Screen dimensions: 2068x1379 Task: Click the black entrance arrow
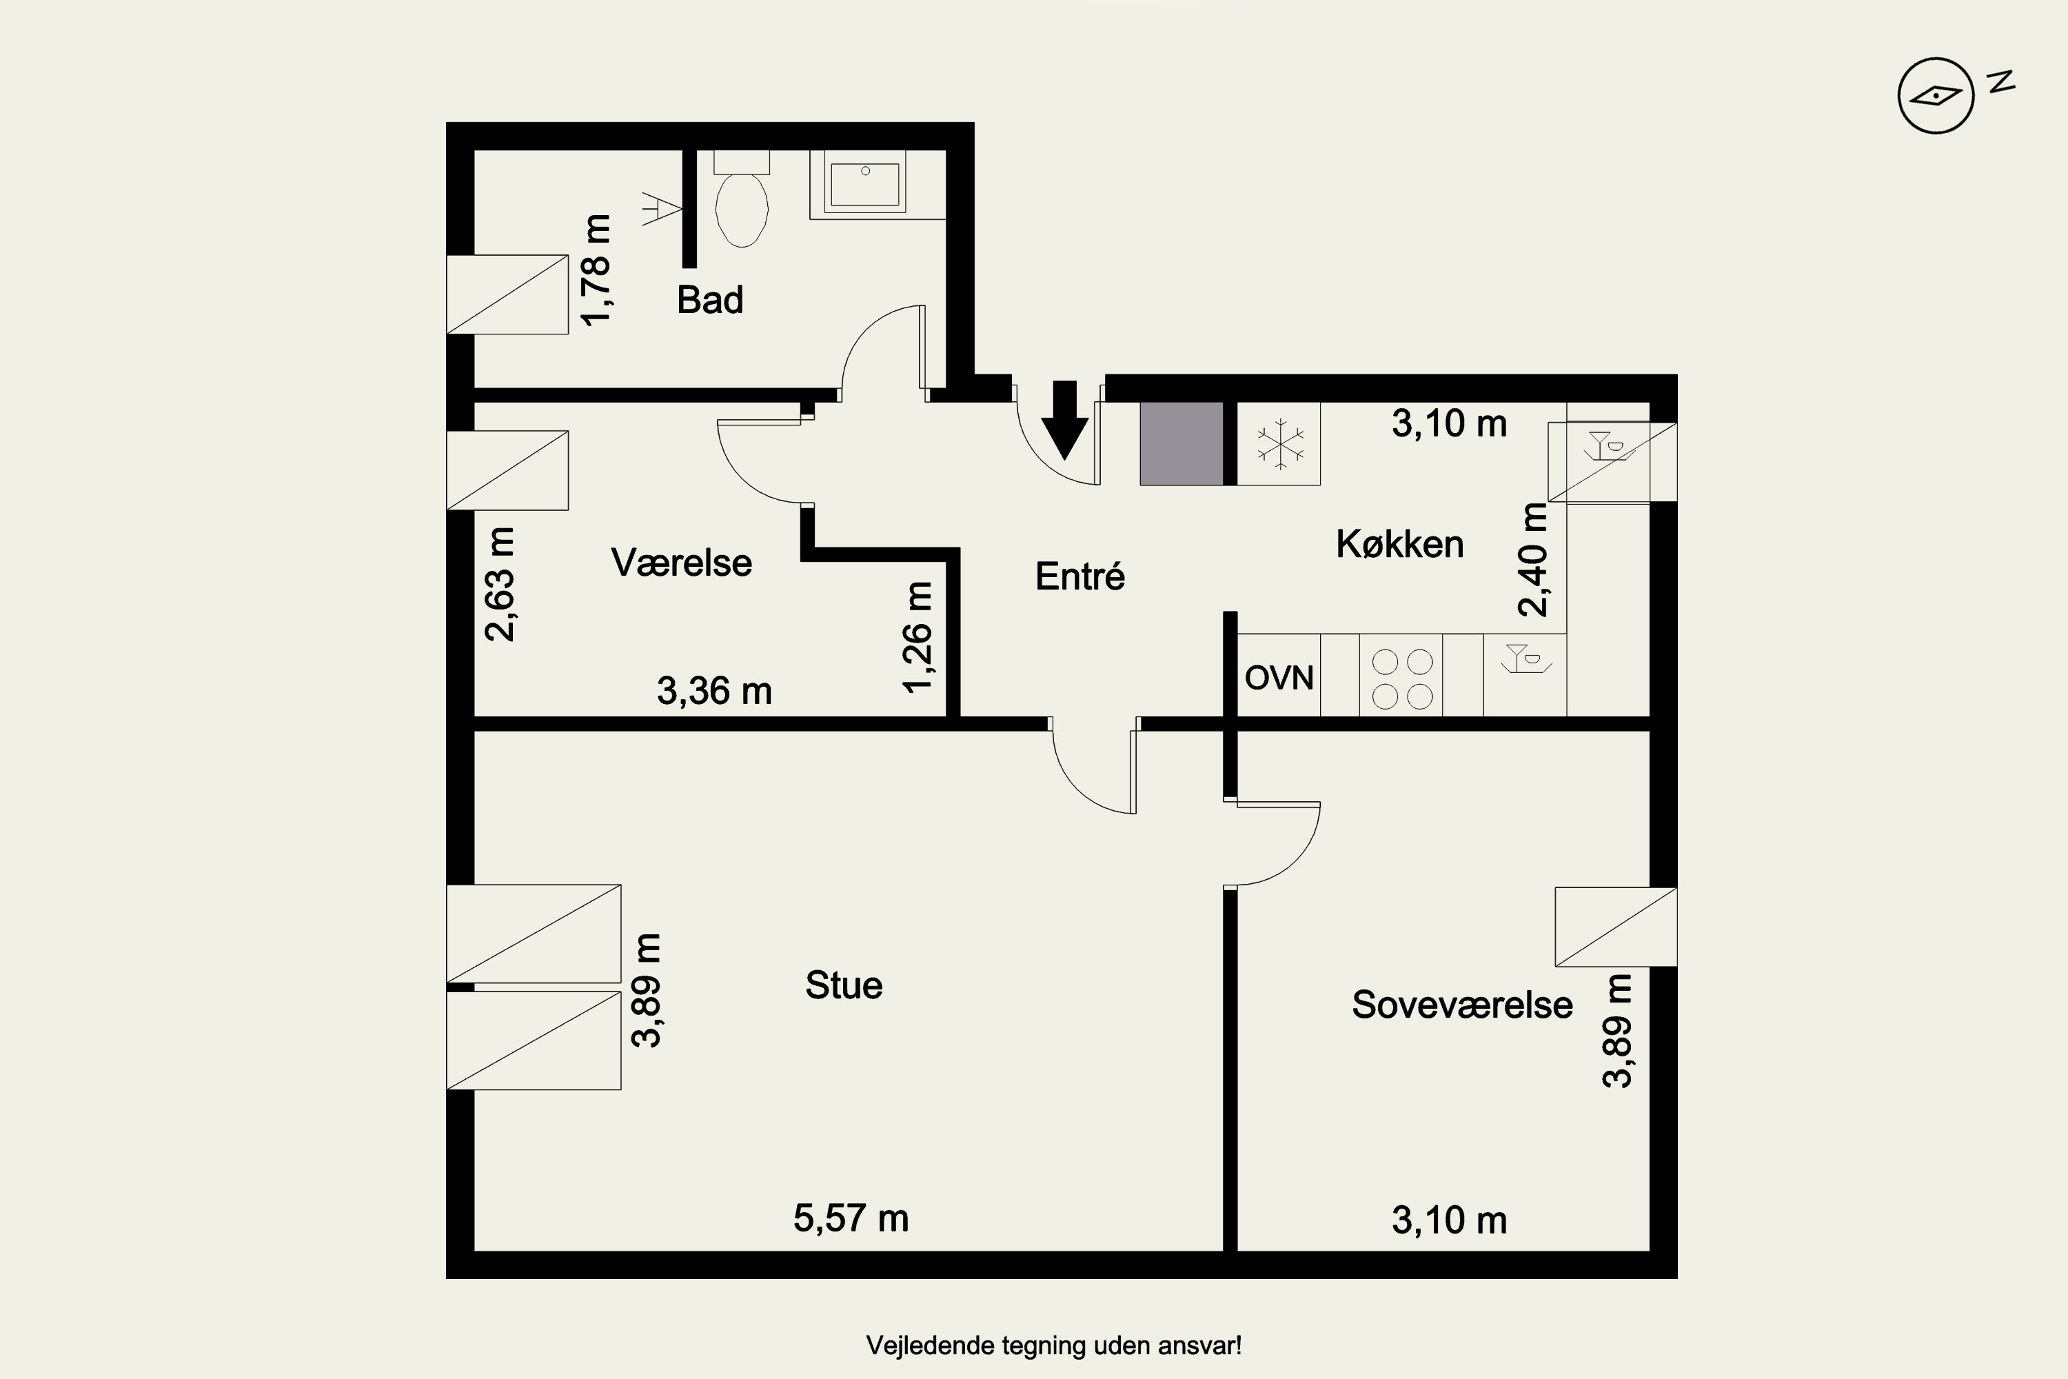[1065, 421]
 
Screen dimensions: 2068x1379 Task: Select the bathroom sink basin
[865, 184]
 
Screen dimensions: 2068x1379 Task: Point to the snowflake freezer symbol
[1279, 443]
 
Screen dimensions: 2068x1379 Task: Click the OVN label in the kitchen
[1279, 678]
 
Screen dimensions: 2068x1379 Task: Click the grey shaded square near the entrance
[1182, 443]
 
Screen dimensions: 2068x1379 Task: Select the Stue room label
[844, 985]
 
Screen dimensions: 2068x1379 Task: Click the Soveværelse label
[1462, 1005]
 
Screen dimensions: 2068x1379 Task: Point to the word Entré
[1079, 576]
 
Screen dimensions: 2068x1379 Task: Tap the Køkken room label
[1400, 545]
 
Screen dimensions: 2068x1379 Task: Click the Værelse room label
[682, 563]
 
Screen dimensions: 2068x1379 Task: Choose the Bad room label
[709, 300]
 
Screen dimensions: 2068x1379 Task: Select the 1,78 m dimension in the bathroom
[596, 270]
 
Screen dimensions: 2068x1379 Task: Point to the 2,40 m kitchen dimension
[1533, 559]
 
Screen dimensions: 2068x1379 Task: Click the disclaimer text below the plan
[1053, 1346]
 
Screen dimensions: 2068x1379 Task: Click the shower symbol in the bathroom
[662, 210]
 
